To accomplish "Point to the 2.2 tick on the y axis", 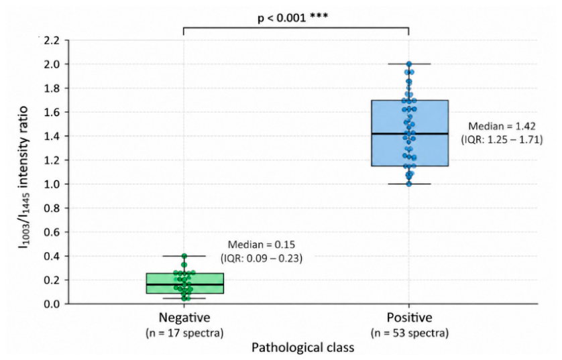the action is pyautogui.click(x=52, y=40).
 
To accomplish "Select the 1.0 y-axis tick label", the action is pyautogui.click(x=52, y=184).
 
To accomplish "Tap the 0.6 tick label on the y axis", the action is pyautogui.click(x=52, y=232).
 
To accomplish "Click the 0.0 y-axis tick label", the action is pyautogui.click(x=52, y=304).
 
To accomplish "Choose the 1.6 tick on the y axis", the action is pyautogui.click(x=52, y=112).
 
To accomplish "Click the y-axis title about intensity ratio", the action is pyautogui.click(x=23, y=178).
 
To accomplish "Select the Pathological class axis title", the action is pyautogui.click(x=303, y=347).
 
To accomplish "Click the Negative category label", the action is pyautogui.click(x=184, y=318).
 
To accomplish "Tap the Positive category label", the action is pyautogui.click(x=409, y=318).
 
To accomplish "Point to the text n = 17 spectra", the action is pyautogui.click(x=184, y=333).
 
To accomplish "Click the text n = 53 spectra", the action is pyautogui.click(x=410, y=333).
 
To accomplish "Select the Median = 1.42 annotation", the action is pyautogui.click(x=502, y=126).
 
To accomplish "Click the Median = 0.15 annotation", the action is pyautogui.click(x=262, y=245).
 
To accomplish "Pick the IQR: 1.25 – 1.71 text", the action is pyautogui.click(x=502, y=139).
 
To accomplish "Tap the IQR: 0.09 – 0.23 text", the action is pyautogui.click(x=262, y=258).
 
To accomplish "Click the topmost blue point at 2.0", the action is pyautogui.click(x=409, y=64).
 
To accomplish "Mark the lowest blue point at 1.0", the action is pyautogui.click(x=409, y=184).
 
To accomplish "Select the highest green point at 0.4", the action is pyautogui.click(x=184, y=256).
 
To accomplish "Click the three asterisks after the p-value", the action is pyautogui.click(x=319, y=16).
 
